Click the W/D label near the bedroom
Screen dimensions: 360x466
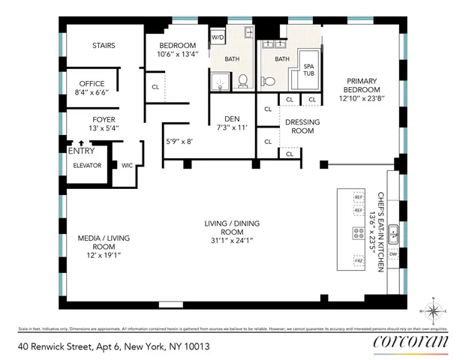coord(218,36)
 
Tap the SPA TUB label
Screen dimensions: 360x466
coord(308,70)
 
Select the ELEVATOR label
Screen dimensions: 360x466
coord(87,165)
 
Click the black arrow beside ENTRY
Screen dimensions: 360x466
coord(80,142)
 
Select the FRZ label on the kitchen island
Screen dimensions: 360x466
coord(358,260)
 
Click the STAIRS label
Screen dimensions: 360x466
coord(104,46)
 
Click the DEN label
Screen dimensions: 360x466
coord(231,118)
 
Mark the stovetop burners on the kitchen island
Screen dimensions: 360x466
coord(358,233)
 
